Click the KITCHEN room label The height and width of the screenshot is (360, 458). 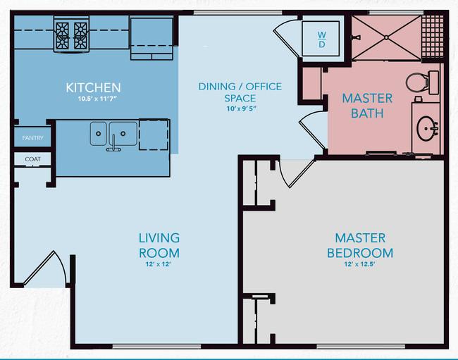point(93,87)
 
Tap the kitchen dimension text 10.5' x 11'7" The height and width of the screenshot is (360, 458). point(97,99)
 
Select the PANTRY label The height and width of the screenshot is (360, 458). point(32,138)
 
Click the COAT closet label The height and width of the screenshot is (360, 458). point(32,159)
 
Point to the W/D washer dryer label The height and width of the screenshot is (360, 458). point(321,39)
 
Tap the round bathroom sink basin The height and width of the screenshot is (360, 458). point(427,128)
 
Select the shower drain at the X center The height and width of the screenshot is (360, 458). point(386,37)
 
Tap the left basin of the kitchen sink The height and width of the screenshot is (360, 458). point(99,134)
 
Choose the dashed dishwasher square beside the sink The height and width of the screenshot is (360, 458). point(154,135)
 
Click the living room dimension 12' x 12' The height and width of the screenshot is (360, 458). point(158,264)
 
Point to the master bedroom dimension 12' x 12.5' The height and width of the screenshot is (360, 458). point(359,264)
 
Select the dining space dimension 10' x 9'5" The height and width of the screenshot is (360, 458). point(241,108)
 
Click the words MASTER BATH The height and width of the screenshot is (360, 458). point(367,106)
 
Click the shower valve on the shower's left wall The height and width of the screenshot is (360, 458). point(356,37)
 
